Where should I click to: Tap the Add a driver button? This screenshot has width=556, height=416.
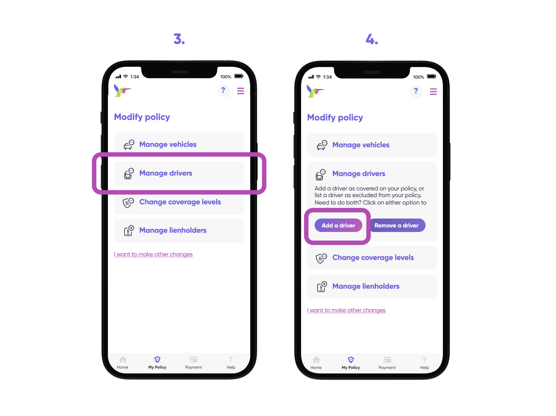click(x=338, y=225)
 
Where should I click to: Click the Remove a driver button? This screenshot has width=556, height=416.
click(x=397, y=225)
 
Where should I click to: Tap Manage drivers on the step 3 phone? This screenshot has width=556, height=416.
click(x=166, y=173)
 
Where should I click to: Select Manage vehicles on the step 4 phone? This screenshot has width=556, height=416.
click(x=361, y=145)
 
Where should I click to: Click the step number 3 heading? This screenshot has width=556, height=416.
click(x=179, y=39)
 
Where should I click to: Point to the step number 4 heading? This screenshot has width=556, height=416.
click(x=372, y=39)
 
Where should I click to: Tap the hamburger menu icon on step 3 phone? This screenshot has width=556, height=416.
click(x=241, y=91)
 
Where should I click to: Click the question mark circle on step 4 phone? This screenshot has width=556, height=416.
click(x=416, y=91)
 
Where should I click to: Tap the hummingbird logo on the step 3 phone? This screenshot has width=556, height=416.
click(x=122, y=90)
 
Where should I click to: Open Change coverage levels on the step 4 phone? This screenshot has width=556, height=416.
click(x=373, y=258)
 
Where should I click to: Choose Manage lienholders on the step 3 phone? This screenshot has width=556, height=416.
click(x=173, y=230)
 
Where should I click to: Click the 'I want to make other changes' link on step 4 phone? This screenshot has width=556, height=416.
click(x=346, y=310)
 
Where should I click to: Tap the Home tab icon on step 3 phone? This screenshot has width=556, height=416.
click(x=123, y=360)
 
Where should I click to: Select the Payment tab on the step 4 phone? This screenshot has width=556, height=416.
click(x=387, y=362)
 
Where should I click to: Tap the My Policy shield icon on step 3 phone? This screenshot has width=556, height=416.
click(x=158, y=359)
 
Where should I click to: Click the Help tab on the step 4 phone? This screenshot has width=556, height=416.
click(x=424, y=362)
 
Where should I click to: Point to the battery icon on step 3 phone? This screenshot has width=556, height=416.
click(x=239, y=76)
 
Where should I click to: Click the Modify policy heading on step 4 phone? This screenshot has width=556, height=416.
click(x=335, y=118)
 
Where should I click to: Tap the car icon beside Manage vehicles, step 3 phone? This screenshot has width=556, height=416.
click(x=129, y=145)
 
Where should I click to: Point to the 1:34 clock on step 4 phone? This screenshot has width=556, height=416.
click(x=327, y=77)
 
